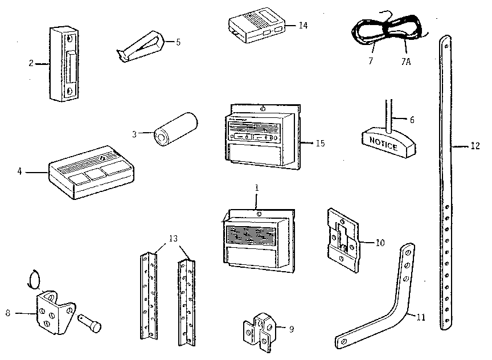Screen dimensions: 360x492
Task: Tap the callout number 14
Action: click(303, 25)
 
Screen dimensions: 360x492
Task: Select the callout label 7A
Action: click(405, 61)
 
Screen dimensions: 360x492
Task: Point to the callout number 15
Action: click(320, 143)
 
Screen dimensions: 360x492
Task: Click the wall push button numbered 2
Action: click(64, 63)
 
